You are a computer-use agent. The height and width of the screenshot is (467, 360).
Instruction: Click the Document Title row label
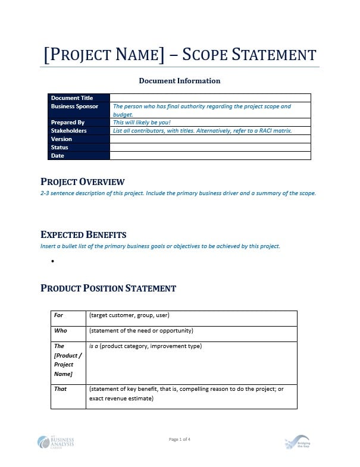pyautogui.click(x=72, y=98)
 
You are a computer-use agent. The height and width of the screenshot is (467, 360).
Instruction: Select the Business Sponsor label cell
pyautogui.click(x=75, y=106)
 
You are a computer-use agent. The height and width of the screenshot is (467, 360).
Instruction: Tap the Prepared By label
pyautogui.click(x=68, y=123)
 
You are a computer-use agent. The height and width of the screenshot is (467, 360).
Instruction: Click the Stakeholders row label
pyautogui.click(x=69, y=131)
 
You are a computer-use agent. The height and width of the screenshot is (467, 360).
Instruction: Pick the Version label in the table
pyautogui.click(x=62, y=139)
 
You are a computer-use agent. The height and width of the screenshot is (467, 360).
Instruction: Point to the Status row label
pyautogui.click(x=60, y=148)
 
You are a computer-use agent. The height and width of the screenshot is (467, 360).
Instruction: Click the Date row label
pyautogui.click(x=58, y=156)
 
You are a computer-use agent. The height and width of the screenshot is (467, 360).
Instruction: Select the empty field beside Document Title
pyautogui.click(x=210, y=98)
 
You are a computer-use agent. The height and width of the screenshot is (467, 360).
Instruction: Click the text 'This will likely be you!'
pyautogui.click(x=142, y=123)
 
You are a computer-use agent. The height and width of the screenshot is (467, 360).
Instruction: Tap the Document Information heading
pyautogui.click(x=180, y=81)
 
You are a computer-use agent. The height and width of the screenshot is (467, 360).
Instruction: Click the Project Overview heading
pyautogui.click(x=83, y=182)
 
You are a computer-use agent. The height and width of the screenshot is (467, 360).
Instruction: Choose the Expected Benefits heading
pyautogui.click(x=83, y=235)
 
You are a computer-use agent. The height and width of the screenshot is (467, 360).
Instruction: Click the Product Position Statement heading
pyautogui.click(x=108, y=289)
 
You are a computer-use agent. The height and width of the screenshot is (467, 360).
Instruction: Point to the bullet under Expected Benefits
pyautogui.click(x=53, y=261)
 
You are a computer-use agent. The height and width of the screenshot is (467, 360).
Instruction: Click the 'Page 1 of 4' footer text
pyautogui.click(x=180, y=440)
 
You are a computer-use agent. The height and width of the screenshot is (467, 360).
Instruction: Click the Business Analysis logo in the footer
pyautogui.click(x=56, y=442)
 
